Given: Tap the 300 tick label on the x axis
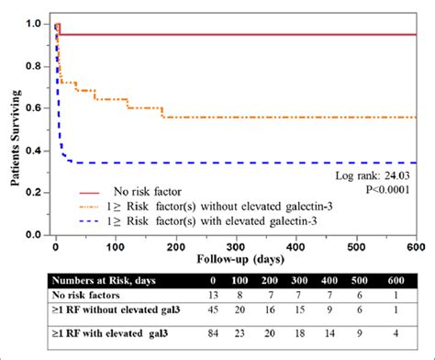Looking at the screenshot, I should tap(236, 247).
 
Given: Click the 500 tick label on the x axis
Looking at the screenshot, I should tap(356, 247).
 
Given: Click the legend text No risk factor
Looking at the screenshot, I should tap(146, 192).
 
